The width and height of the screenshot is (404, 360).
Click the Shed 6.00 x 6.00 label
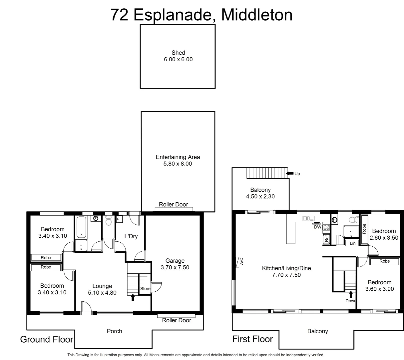click(178, 56)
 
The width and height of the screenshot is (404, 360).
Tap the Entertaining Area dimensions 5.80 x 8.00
click(178, 164)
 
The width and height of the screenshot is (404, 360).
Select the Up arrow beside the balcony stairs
click(290, 173)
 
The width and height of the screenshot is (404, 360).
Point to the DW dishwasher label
click(317, 227)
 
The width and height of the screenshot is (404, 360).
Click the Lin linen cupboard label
click(353, 243)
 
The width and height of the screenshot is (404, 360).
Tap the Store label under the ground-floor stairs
click(145, 289)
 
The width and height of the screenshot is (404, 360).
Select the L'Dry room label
click(131, 236)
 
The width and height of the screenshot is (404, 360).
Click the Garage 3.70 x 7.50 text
click(175, 264)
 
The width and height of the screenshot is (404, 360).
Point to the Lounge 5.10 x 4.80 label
click(102, 289)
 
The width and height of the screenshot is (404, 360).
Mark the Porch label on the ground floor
click(114, 331)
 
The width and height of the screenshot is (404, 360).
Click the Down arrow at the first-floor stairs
click(350, 295)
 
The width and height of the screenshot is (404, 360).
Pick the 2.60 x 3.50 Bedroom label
click(384, 234)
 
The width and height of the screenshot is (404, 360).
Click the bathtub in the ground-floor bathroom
click(81, 227)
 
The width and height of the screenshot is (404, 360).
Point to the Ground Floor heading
click(47, 340)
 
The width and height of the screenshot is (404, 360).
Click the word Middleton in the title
click(256, 15)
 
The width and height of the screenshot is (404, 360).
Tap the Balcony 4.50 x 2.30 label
click(260, 193)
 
